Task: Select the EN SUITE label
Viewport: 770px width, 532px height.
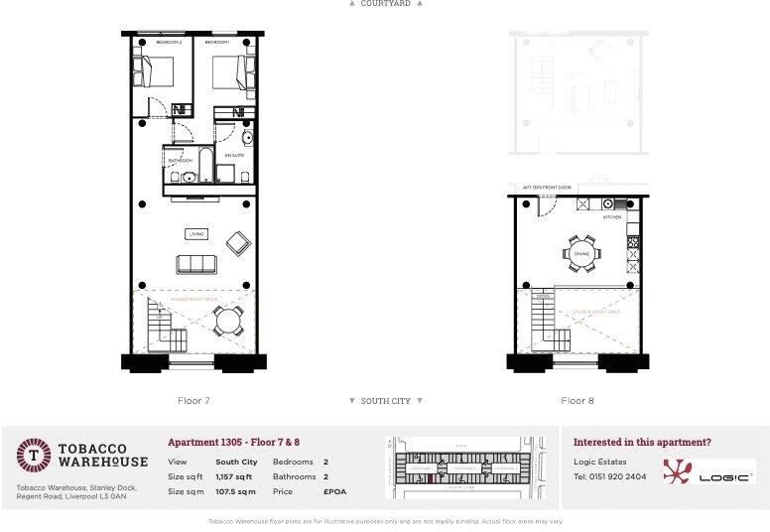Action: (x=233, y=156)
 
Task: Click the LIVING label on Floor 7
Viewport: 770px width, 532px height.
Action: (x=195, y=234)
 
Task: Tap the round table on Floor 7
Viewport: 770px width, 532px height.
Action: (x=230, y=321)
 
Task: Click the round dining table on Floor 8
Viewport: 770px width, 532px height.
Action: (x=580, y=253)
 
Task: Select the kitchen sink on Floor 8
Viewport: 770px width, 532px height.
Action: (x=606, y=203)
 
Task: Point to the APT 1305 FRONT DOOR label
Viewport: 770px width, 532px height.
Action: (x=547, y=187)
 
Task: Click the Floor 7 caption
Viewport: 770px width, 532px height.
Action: (x=192, y=401)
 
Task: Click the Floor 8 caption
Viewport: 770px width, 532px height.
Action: (x=577, y=401)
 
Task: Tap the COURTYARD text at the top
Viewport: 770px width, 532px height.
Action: (x=385, y=4)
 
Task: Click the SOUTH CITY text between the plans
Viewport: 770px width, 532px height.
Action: (x=386, y=401)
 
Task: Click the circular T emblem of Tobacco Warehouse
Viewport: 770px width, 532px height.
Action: (x=34, y=456)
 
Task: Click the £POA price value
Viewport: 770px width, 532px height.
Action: (x=334, y=491)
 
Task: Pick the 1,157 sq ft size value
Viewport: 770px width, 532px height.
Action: (x=234, y=476)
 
